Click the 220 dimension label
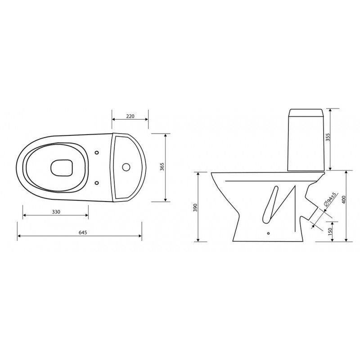(130, 116)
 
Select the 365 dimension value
(162, 167)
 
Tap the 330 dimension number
(56, 211)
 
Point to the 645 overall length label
(83, 232)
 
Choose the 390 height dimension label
(195, 207)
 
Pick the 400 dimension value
(344, 200)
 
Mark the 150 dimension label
(330, 231)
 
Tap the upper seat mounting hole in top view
(97, 153)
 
